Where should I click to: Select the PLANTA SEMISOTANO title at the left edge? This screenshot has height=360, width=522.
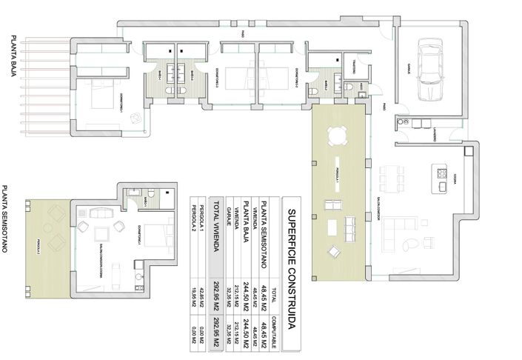[x=6, y=219]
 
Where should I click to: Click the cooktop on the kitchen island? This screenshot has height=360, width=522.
[x=441, y=176]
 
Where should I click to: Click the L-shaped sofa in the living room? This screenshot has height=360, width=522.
[x=404, y=238]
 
